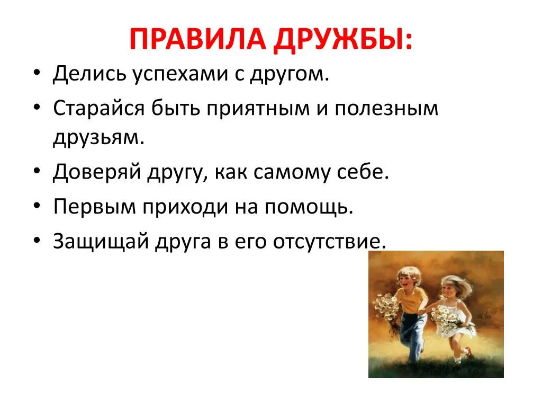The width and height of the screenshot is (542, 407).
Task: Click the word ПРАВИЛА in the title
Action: (198, 39)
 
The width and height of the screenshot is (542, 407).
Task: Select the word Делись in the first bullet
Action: (89, 74)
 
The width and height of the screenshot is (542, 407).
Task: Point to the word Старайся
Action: (99, 108)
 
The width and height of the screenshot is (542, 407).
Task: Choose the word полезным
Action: (386, 109)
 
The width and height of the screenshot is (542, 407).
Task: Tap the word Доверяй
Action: (97, 172)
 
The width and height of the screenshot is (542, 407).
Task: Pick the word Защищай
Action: (101, 241)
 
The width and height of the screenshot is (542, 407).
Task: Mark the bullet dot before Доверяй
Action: (37, 171)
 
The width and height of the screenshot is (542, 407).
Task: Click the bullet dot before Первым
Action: (37, 206)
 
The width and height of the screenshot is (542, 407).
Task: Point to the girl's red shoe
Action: (469, 352)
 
